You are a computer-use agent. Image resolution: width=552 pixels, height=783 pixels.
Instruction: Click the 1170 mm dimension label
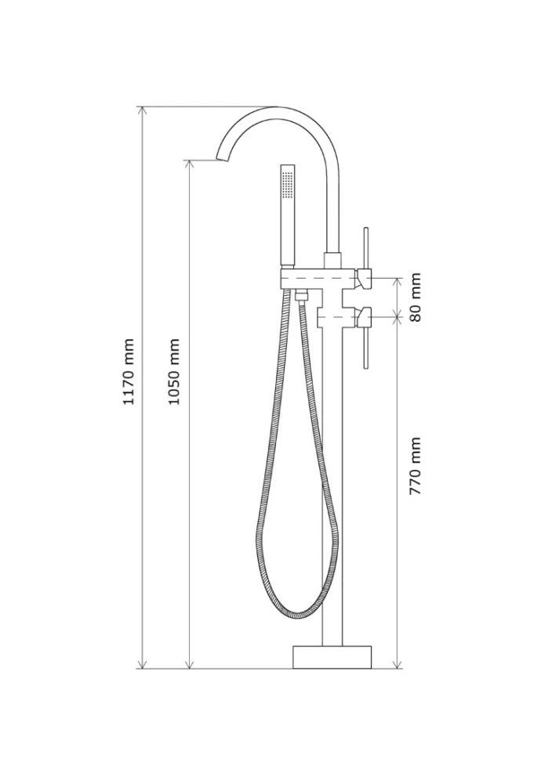coord(129,371)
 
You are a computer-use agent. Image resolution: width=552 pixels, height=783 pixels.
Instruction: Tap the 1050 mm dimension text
coord(173,371)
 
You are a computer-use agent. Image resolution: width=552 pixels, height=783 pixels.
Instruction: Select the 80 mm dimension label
coord(416,297)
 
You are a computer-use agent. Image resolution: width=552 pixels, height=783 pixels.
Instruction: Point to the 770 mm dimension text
coord(416,465)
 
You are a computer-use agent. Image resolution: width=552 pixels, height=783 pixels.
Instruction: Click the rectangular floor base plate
coord(332,657)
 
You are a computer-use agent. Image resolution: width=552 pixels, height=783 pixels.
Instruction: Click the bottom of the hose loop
coord(299,613)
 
